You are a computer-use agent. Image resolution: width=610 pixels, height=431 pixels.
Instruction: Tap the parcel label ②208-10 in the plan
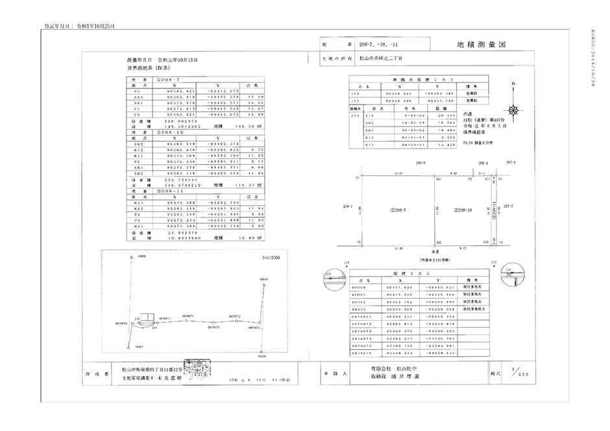[461, 210]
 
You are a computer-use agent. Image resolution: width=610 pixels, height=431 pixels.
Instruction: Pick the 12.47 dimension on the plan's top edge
[400, 173]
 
